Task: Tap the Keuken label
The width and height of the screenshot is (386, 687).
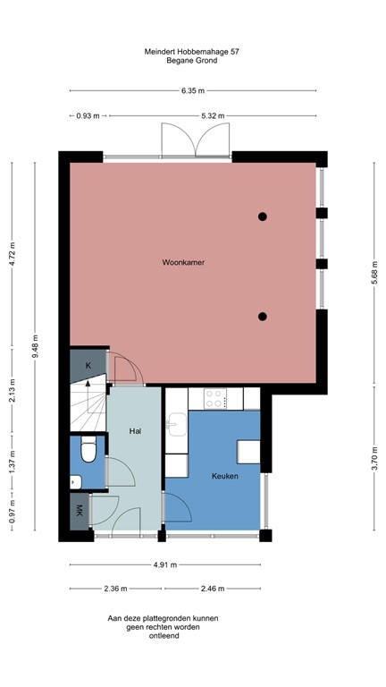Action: pos(225,476)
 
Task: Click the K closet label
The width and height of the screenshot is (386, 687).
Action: pos(88,366)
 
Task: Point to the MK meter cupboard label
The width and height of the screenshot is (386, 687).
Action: pos(80,512)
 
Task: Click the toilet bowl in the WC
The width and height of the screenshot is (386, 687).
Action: pos(88,453)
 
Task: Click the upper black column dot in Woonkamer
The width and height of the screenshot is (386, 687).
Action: pos(263,216)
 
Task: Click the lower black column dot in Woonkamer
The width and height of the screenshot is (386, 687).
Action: pos(263,316)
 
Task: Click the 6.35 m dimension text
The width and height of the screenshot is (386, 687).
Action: pos(193,90)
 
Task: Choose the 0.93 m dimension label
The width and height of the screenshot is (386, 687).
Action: pos(88,115)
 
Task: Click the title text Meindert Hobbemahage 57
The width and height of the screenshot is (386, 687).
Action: pos(192,52)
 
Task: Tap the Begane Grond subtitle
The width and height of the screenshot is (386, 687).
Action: pos(192,62)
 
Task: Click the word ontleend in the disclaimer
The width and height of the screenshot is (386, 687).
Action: pos(163,637)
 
